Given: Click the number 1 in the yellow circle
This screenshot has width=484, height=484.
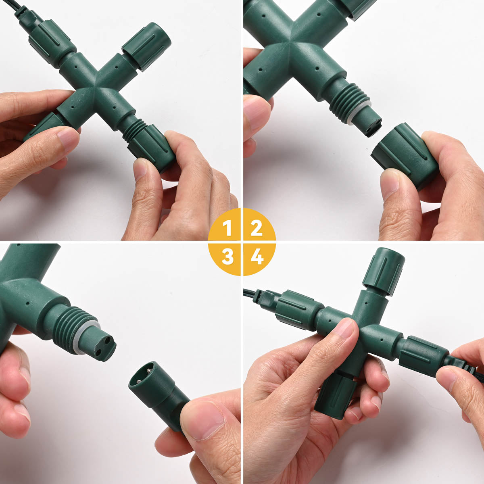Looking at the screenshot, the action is coord(227,228).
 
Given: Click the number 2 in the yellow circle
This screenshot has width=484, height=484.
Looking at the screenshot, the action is coord(256,228).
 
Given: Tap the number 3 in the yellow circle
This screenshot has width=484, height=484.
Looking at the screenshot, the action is coord(227,257).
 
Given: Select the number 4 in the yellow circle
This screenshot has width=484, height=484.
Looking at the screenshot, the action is coord(257,257).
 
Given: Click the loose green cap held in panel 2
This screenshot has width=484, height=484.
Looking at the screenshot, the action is coord(405,156).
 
